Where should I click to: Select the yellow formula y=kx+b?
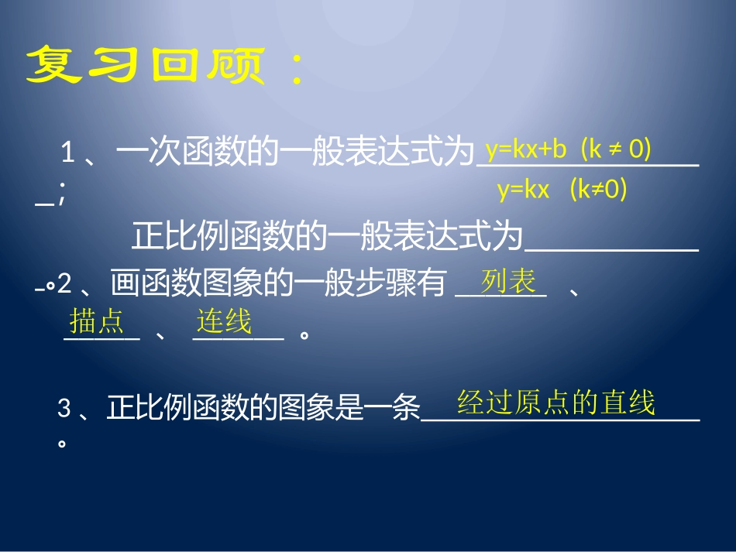point(527,149)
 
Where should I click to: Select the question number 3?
point(64,409)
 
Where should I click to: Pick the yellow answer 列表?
point(508,282)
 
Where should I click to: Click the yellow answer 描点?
point(96,320)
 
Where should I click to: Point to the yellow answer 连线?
point(224,320)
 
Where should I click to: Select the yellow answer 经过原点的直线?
point(556,403)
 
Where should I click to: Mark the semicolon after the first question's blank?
point(60,198)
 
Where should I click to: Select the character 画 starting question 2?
point(124,284)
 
